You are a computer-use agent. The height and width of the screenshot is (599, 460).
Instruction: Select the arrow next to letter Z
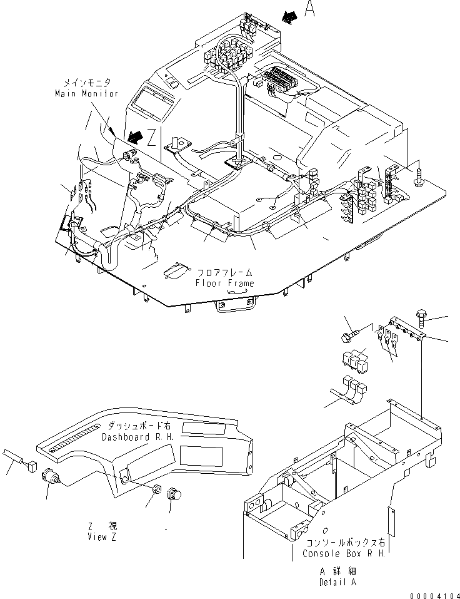(132, 135)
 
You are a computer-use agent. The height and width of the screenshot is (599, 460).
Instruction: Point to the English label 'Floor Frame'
(225, 283)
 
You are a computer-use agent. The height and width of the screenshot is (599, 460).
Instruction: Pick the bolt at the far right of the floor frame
(419, 179)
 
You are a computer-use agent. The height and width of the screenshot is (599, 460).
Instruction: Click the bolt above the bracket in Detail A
(421, 317)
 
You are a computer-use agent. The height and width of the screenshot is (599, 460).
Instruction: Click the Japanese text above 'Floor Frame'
(225, 273)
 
